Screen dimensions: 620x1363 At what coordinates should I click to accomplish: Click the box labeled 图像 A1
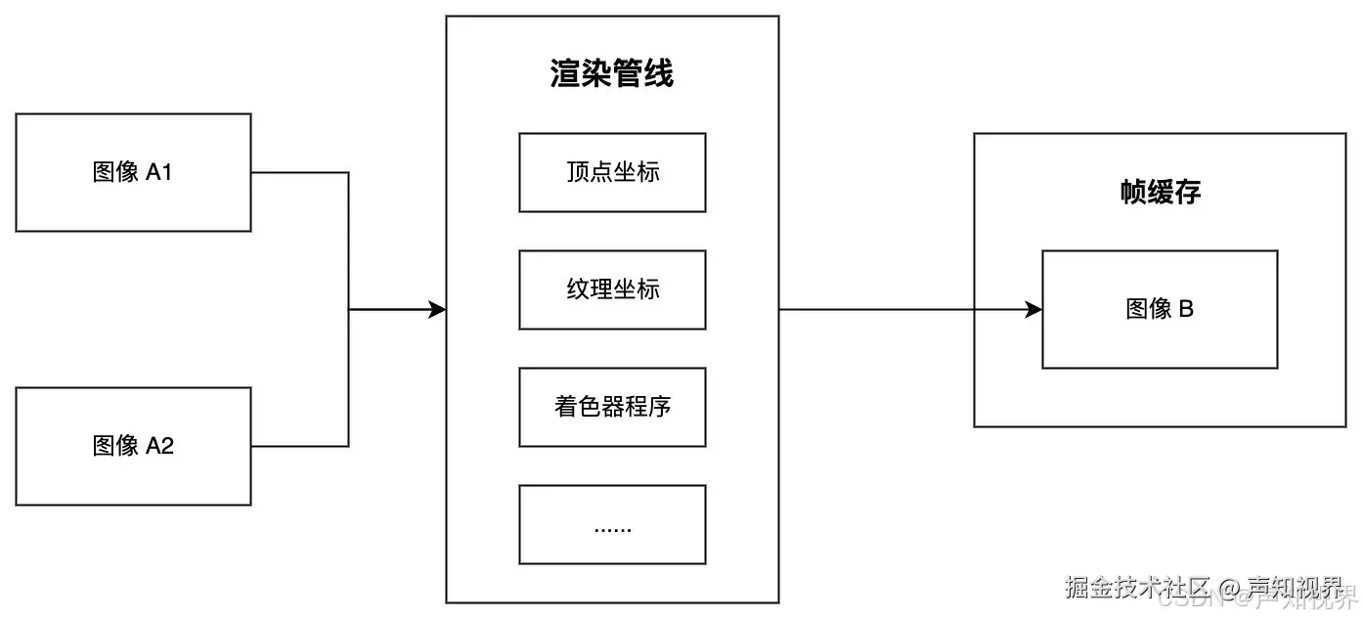coord(133,173)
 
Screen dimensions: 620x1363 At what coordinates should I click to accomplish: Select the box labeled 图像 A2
coord(133,447)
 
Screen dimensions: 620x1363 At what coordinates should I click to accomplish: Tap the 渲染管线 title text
coord(612,74)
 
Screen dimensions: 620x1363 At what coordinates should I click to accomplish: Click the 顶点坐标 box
coord(612,173)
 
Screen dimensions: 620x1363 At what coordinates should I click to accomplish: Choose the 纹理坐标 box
coord(612,289)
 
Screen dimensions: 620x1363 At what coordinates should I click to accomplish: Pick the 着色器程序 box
coord(612,407)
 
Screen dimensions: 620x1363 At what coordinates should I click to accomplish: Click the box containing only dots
coord(612,525)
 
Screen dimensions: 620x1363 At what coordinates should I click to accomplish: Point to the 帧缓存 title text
coord(1160,193)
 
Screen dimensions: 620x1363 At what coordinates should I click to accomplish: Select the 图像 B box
coord(1160,310)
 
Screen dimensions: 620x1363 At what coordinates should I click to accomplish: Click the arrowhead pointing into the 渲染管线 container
coord(437,310)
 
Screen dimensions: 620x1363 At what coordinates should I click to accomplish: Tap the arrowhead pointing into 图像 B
coord(1033,310)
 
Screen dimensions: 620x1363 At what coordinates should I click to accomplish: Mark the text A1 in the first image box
coord(159,173)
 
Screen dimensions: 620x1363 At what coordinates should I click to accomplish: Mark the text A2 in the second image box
coord(159,447)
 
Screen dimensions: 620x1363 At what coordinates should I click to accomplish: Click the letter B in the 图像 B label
coord(1186,310)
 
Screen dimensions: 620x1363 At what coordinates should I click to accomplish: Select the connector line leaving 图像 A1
coord(299,173)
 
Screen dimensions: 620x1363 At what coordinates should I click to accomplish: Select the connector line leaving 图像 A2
coord(299,447)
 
